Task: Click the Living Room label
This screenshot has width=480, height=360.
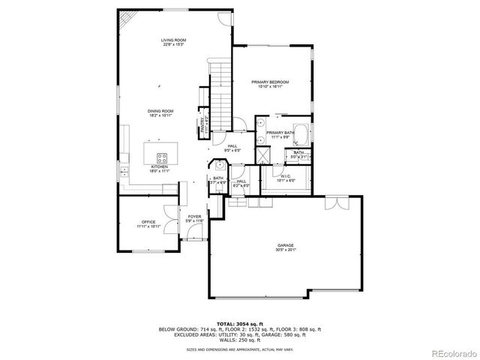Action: [172, 40]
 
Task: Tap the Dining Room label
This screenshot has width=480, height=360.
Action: [160, 111]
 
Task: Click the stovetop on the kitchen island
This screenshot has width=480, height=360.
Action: [161, 157]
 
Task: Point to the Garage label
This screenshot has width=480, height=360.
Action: [284, 245]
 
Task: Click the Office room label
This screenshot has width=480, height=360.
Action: [148, 222]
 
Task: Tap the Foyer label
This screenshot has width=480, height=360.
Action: [195, 217]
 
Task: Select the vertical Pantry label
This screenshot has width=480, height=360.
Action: [202, 127]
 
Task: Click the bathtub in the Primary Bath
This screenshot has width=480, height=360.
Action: [301, 135]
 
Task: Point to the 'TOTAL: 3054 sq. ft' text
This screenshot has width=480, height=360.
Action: [239, 323]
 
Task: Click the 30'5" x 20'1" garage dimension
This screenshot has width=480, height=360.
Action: [284, 250]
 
